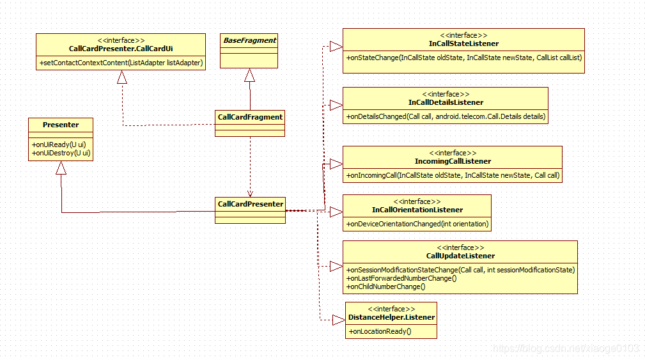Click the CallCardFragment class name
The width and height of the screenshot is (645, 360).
250,117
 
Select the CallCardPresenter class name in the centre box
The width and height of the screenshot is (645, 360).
250,204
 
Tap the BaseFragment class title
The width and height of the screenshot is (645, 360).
249,40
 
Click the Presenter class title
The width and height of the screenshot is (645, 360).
61,124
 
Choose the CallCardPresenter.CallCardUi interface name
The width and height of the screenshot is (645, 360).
121,49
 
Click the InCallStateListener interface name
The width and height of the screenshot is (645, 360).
463,43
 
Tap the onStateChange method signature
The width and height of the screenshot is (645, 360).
464,58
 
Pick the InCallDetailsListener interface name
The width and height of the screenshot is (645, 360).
446,102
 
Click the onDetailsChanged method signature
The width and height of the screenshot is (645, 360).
446,116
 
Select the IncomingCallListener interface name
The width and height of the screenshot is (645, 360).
453,161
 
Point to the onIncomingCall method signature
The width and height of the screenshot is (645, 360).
453,175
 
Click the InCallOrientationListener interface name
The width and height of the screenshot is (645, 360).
417,210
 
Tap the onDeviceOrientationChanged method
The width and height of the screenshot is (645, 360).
417,224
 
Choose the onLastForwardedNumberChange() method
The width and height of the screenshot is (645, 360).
401,279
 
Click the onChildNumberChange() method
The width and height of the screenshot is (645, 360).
386,287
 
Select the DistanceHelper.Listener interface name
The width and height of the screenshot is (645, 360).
391,317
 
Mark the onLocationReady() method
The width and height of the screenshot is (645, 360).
379,331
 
